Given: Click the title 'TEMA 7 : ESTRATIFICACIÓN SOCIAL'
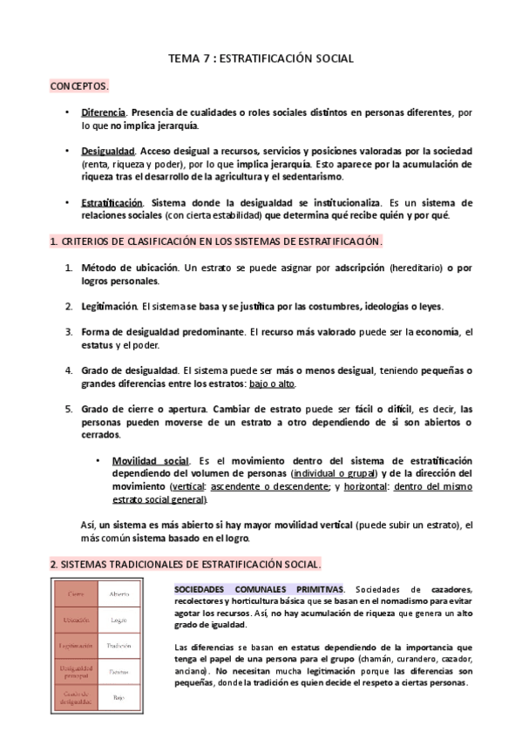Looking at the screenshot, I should [261, 59].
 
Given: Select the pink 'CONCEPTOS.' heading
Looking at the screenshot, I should [79, 87].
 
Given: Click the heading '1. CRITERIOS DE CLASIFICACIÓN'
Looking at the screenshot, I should [216, 241].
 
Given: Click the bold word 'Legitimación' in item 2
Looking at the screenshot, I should [110, 306].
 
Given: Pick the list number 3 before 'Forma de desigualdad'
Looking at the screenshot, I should [69, 331].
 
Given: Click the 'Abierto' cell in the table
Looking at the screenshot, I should [119, 593].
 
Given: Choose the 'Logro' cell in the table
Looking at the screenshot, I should [119, 620].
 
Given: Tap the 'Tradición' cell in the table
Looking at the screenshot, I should [119, 646].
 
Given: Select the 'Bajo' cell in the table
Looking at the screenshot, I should [119, 698].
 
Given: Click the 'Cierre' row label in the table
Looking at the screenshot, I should [76, 593].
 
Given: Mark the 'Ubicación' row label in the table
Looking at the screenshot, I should [76, 620].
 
